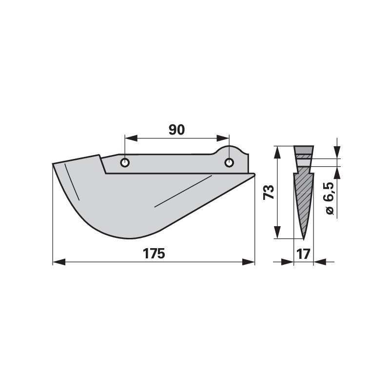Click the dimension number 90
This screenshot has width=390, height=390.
coord(176,130)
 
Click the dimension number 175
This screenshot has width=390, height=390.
coord(154,253)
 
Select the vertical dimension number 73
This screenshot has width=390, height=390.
coord(269,192)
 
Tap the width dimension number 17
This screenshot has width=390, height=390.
coord(303,254)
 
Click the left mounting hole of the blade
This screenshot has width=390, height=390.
coord(125,163)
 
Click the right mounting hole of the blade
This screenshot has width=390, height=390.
coord(229,163)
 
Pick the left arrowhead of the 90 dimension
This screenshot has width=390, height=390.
coord(131,138)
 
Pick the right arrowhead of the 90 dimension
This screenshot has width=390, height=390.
coord(223,138)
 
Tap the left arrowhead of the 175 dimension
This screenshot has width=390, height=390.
coord(59,262)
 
